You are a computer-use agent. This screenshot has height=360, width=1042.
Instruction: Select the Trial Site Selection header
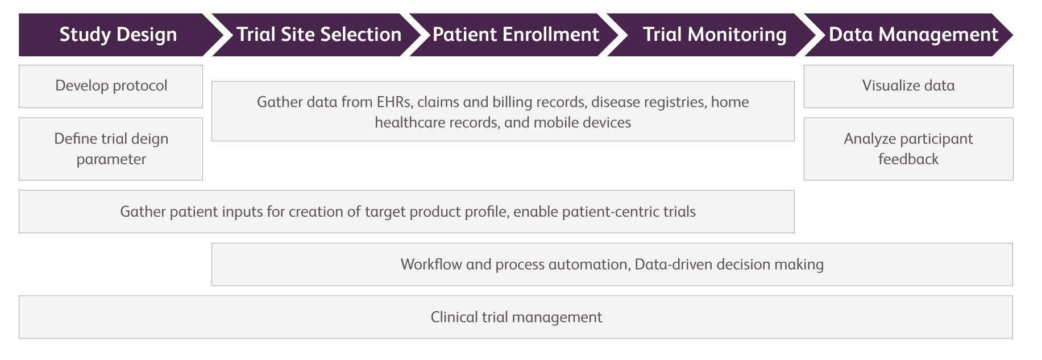(318, 35)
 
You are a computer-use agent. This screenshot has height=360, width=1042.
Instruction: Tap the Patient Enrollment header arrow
(515, 35)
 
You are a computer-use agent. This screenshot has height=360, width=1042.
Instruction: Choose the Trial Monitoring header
(714, 35)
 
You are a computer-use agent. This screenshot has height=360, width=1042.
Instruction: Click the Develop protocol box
(111, 86)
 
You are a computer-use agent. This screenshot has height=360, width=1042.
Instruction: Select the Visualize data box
(908, 86)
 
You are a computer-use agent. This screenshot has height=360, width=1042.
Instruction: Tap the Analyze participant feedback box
(908, 149)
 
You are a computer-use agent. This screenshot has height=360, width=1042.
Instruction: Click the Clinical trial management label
(516, 317)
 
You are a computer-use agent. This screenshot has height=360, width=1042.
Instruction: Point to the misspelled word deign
(149, 139)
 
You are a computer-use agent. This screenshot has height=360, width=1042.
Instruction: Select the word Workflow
(431, 264)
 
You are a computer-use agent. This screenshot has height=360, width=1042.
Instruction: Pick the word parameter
(111, 160)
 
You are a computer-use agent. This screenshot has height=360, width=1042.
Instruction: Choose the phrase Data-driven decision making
(729, 265)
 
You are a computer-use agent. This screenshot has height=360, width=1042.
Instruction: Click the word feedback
(908, 159)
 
